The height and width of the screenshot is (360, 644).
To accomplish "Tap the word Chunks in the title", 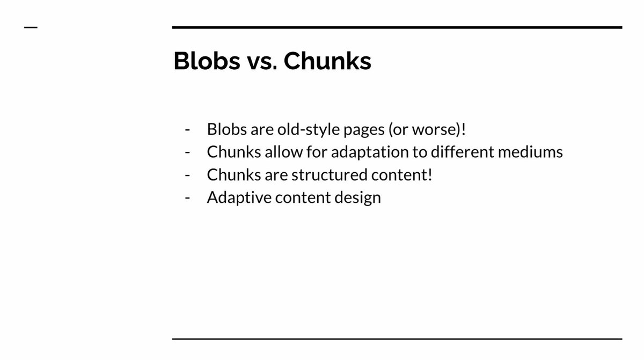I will point(327,62).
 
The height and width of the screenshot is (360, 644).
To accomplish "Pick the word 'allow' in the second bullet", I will point(279,152).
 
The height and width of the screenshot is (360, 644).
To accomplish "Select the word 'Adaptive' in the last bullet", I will point(238,197).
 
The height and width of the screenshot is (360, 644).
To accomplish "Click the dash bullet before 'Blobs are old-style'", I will point(187,130).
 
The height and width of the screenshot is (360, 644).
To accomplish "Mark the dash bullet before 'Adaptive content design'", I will point(187,197).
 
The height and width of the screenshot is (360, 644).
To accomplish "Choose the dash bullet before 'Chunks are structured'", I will point(187,175).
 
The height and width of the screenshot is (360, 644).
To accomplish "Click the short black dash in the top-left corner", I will point(31,27).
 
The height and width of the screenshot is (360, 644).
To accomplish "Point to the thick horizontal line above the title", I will point(397,27).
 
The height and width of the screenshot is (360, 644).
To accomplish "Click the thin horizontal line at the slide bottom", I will point(397,339).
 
